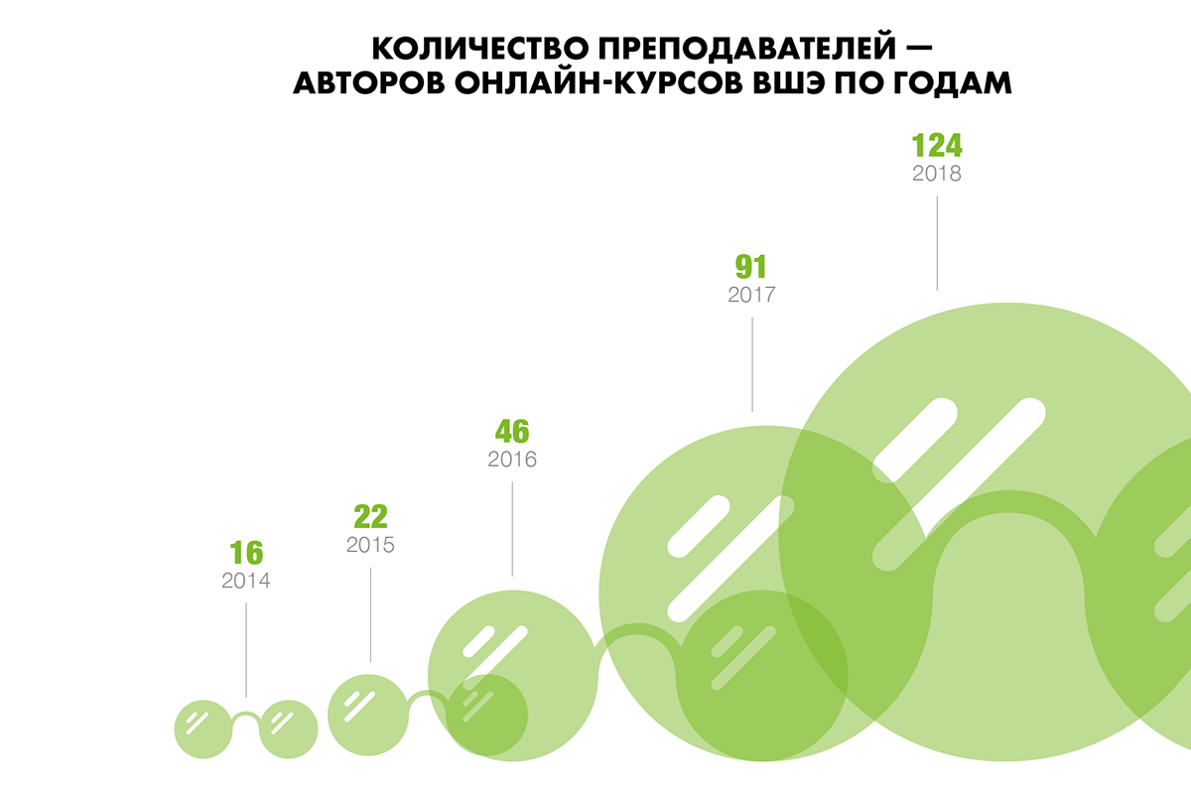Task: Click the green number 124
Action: pos(937,145)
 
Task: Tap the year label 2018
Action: pos(937,173)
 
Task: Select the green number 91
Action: pos(751,267)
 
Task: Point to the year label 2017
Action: pos(751,295)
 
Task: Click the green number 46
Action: pos(512,432)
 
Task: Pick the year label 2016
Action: pos(512,460)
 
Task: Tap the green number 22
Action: pos(370,517)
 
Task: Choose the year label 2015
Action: pos(370,545)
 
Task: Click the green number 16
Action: pos(246,553)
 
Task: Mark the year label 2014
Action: pos(246,581)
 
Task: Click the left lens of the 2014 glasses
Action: pos(203,729)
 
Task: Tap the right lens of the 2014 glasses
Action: pos(289,729)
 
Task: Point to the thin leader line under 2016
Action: pos(512,526)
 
